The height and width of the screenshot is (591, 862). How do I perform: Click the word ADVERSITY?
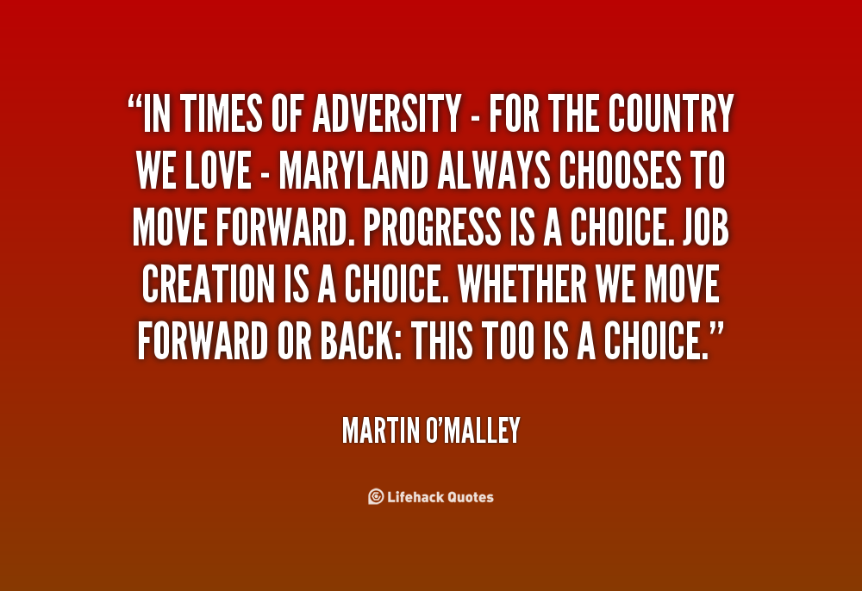coord(387,114)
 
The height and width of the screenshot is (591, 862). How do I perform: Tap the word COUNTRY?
coord(671,114)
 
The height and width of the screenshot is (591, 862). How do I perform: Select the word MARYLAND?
coord(353,171)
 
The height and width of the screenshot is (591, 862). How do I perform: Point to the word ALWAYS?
coord(494,171)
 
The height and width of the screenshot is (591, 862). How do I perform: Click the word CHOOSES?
coord(620,171)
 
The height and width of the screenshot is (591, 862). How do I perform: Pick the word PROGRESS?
coord(432,227)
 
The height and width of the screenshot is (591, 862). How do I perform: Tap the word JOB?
coord(706,227)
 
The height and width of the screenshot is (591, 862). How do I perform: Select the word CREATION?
coord(208,284)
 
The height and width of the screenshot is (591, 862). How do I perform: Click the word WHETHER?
coord(522,284)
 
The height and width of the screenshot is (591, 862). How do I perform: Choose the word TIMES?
coord(221,114)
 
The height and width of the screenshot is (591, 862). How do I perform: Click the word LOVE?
coord(218,171)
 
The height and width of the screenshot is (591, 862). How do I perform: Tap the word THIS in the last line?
coord(441,340)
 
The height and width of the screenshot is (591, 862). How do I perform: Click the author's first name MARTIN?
coord(381,430)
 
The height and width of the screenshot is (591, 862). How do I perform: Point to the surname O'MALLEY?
coord(473,430)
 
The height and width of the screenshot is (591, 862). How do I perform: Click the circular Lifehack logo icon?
coord(376,496)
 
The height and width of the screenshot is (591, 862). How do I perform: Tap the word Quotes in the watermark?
coord(470,497)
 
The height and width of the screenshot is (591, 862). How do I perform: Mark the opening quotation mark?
coord(134,103)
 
